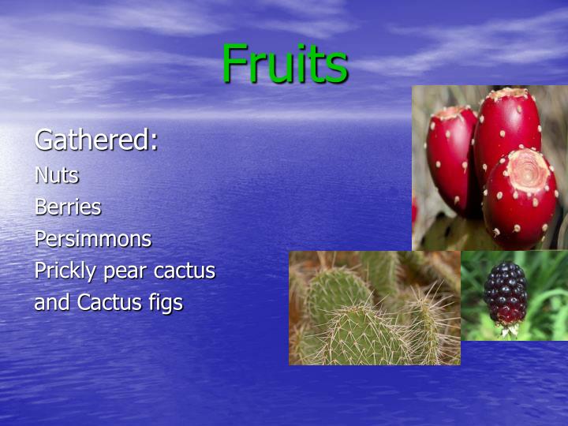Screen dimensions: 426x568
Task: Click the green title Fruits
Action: click(x=284, y=63)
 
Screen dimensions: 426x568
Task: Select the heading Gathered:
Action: click(x=96, y=140)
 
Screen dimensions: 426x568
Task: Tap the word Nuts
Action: click(x=56, y=174)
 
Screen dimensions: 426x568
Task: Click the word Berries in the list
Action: click(x=68, y=207)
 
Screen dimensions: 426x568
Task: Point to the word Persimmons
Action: click(x=92, y=238)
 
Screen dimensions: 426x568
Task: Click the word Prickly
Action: click(x=62, y=271)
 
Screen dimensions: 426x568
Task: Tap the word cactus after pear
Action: click(x=185, y=271)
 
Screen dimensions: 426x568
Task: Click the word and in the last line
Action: click(x=52, y=302)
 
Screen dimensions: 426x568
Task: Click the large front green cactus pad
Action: click(x=363, y=335)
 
